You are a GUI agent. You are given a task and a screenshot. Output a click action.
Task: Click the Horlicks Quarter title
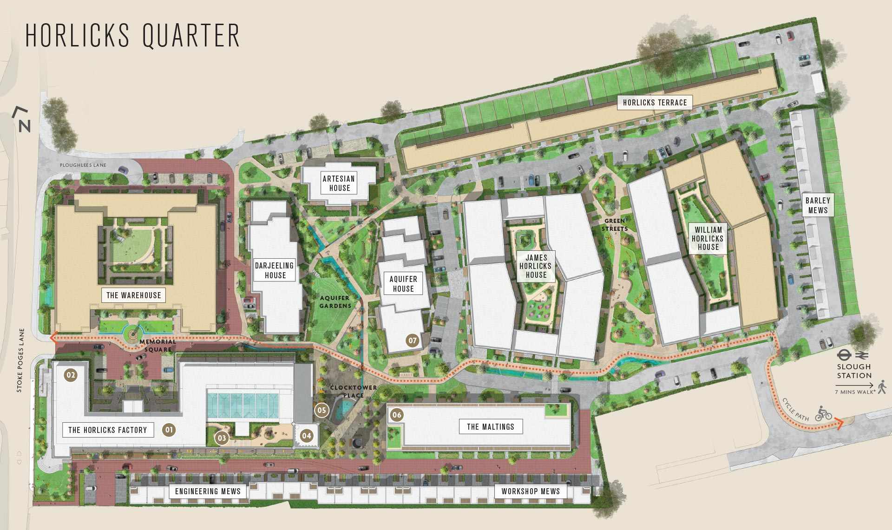(x=132, y=35)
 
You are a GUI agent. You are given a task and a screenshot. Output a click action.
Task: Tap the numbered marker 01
(x=169, y=430)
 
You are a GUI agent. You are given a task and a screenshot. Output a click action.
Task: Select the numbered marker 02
(x=71, y=375)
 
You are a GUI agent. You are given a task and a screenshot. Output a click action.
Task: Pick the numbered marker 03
(x=222, y=438)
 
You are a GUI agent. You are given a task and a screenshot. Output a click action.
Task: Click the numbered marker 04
(x=306, y=436)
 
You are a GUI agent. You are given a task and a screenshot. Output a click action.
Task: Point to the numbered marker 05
(x=321, y=410)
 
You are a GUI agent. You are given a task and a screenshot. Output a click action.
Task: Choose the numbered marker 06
(x=396, y=415)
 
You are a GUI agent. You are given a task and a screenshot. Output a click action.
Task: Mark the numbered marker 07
(x=412, y=340)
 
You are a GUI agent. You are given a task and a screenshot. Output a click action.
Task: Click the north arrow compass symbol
(x=22, y=119)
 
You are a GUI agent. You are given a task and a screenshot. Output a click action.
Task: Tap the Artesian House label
(x=339, y=183)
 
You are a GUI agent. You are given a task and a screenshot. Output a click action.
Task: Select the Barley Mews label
(x=818, y=205)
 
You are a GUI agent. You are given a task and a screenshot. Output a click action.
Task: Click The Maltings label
(x=491, y=427)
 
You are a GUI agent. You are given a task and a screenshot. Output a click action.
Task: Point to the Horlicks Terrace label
(x=655, y=103)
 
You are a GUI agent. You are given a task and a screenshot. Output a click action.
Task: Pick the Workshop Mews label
(x=531, y=491)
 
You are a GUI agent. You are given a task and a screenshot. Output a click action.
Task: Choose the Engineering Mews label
(x=208, y=491)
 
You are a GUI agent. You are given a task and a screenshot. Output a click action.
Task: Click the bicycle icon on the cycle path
(x=823, y=413)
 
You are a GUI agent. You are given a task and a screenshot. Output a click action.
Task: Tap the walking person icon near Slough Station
(x=882, y=386)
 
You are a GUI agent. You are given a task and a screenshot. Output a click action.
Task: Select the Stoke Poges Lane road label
(x=20, y=360)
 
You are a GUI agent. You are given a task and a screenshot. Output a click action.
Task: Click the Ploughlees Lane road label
(x=83, y=165)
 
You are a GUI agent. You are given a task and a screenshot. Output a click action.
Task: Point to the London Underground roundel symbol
(x=843, y=355)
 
